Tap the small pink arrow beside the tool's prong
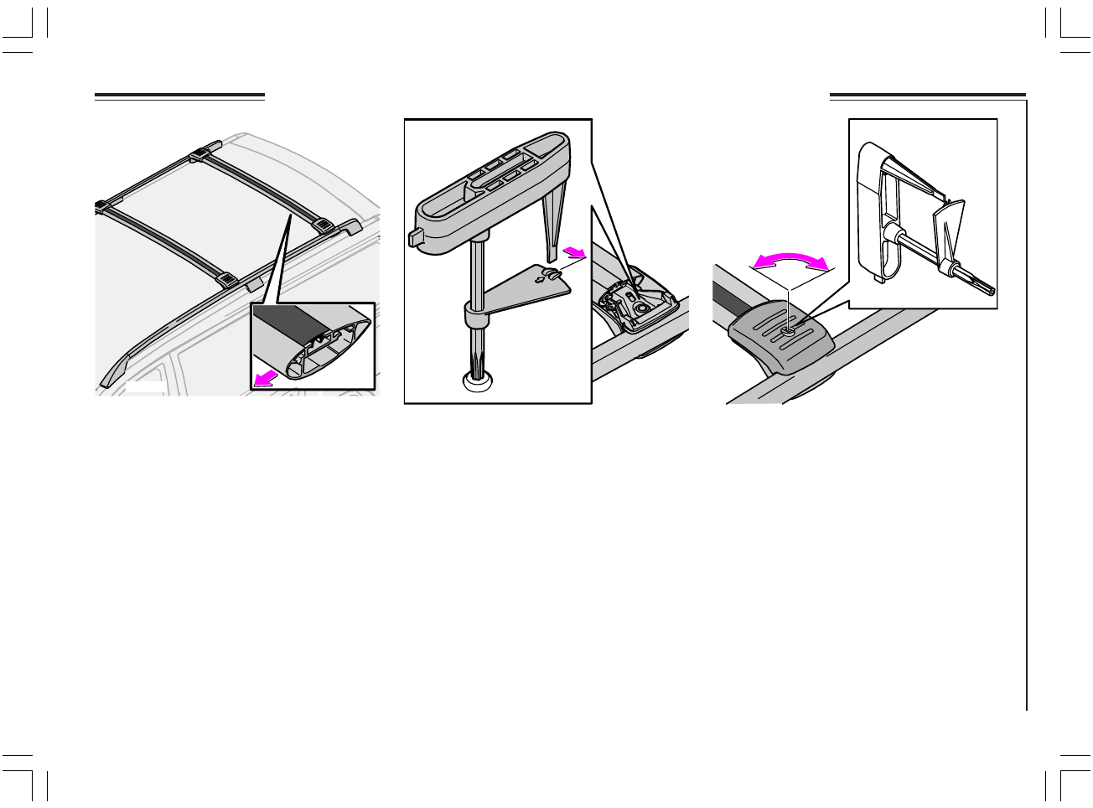point(574,251)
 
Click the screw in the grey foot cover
point(789,331)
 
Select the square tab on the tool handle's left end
point(415,238)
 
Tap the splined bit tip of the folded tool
point(987,288)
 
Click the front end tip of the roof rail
point(106,381)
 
